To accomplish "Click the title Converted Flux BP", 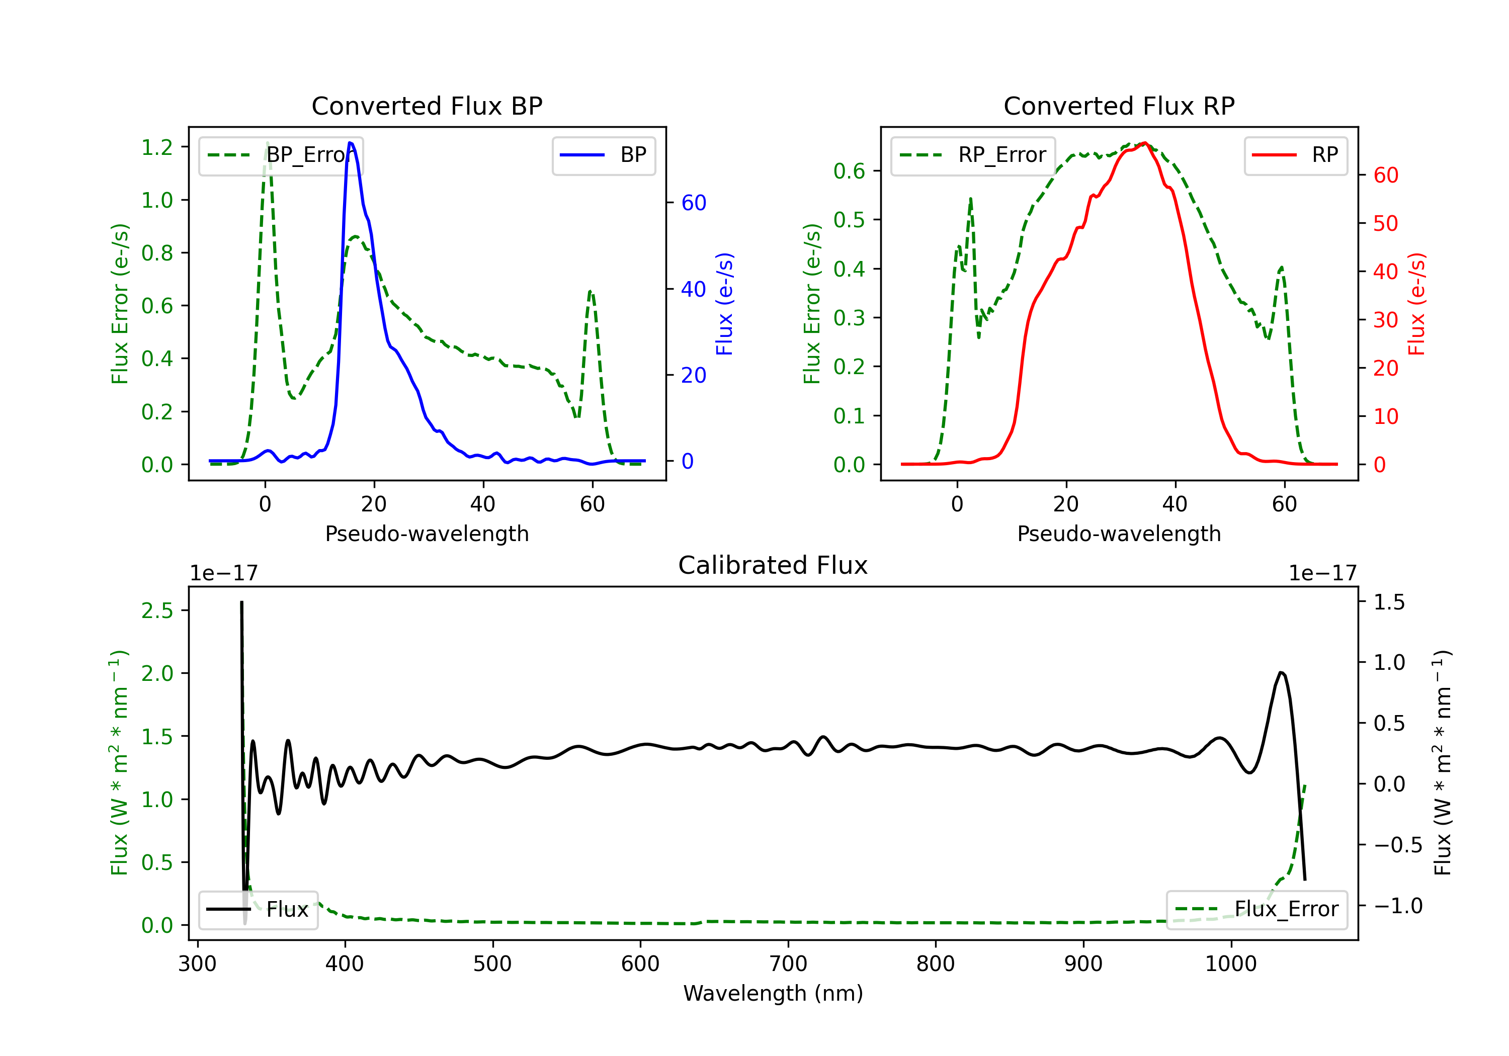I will [427, 106].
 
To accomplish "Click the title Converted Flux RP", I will [1119, 106].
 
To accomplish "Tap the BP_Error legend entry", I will [281, 155].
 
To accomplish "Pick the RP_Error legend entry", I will [973, 155].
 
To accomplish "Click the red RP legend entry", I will [1295, 155].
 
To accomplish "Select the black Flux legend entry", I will [258, 910].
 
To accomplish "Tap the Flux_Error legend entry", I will [1256, 910].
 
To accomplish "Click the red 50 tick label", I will [1385, 223].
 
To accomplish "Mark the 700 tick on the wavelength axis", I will [788, 964].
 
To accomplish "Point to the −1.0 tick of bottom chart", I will [1397, 906].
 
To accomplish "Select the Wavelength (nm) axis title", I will [773, 994].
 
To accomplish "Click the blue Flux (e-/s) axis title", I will [724, 304].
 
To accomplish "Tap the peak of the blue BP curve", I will [350, 143].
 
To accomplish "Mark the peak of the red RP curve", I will [1144, 143].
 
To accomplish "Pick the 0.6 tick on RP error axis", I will [849, 171].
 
